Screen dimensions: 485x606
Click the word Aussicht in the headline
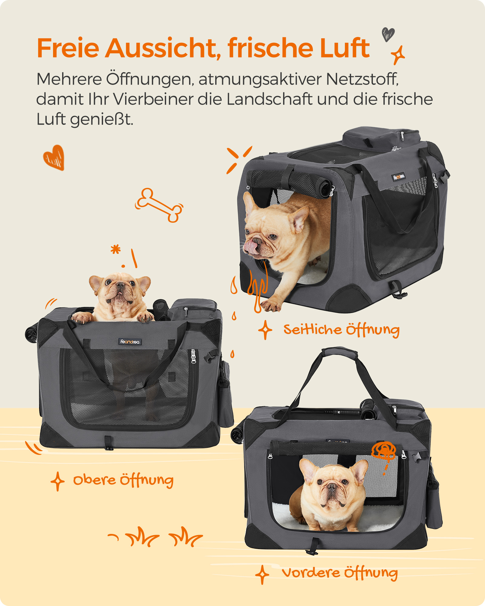(163, 48)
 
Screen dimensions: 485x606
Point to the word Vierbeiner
(153, 99)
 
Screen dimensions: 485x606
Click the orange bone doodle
(159, 205)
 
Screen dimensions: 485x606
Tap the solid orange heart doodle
(54, 157)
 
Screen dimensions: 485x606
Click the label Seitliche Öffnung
(342, 330)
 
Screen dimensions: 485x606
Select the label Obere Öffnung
(123, 480)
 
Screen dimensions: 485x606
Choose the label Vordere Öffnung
(340, 573)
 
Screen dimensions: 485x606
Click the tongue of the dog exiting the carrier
(251, 246)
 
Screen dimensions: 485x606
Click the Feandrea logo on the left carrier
(130, 341)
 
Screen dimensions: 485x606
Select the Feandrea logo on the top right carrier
(399, 177)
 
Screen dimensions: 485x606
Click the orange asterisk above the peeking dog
(115, 249)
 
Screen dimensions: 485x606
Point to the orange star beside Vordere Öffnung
(262, 574)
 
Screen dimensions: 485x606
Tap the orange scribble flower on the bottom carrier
(384, 451)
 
